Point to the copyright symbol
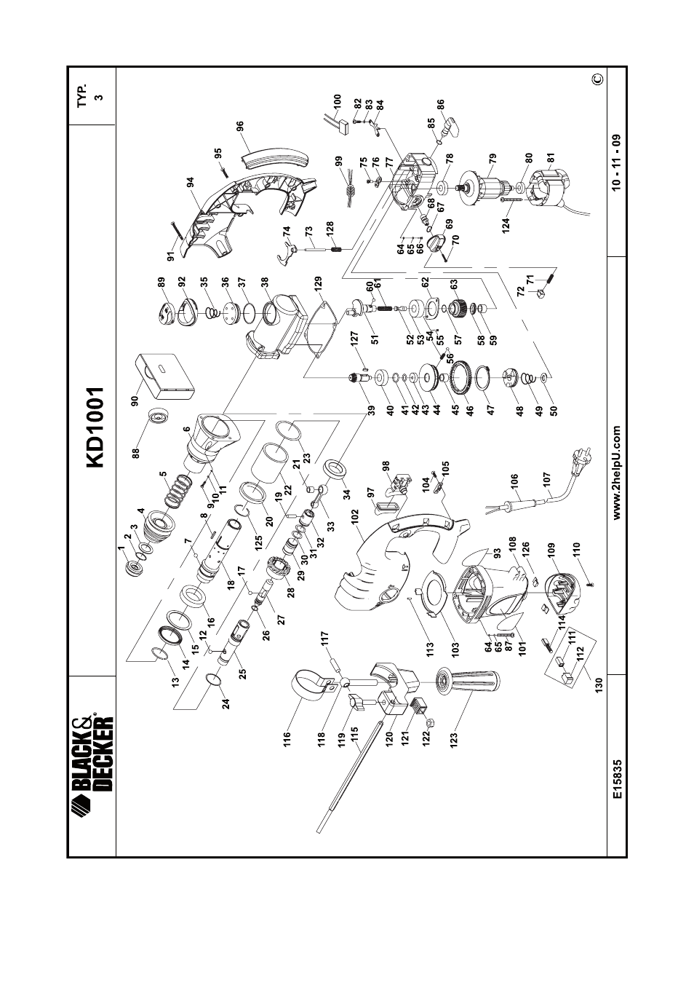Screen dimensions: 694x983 click(x=597, y=79)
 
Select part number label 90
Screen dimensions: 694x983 click(x=135, y=400)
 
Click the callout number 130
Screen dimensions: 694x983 click(x=599, y=683)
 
